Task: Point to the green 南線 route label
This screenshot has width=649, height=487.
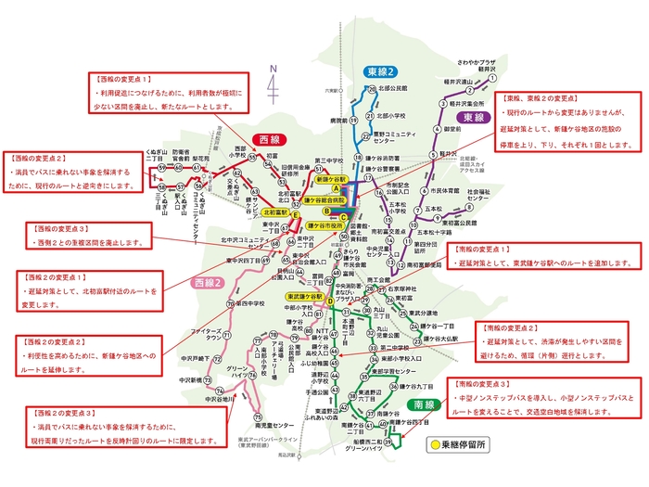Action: [x=424, y=405]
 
